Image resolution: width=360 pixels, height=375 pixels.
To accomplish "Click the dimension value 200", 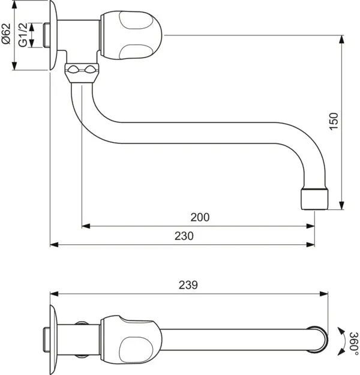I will coord(200,218).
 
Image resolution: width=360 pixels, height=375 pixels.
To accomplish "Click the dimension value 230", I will coord(184,236).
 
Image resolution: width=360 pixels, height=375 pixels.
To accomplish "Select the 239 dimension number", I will coord(188,285).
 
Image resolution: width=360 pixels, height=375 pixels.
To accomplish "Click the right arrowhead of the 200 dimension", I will coord(311,226).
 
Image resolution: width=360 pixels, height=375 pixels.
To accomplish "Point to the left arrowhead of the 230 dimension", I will coord(53,244).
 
